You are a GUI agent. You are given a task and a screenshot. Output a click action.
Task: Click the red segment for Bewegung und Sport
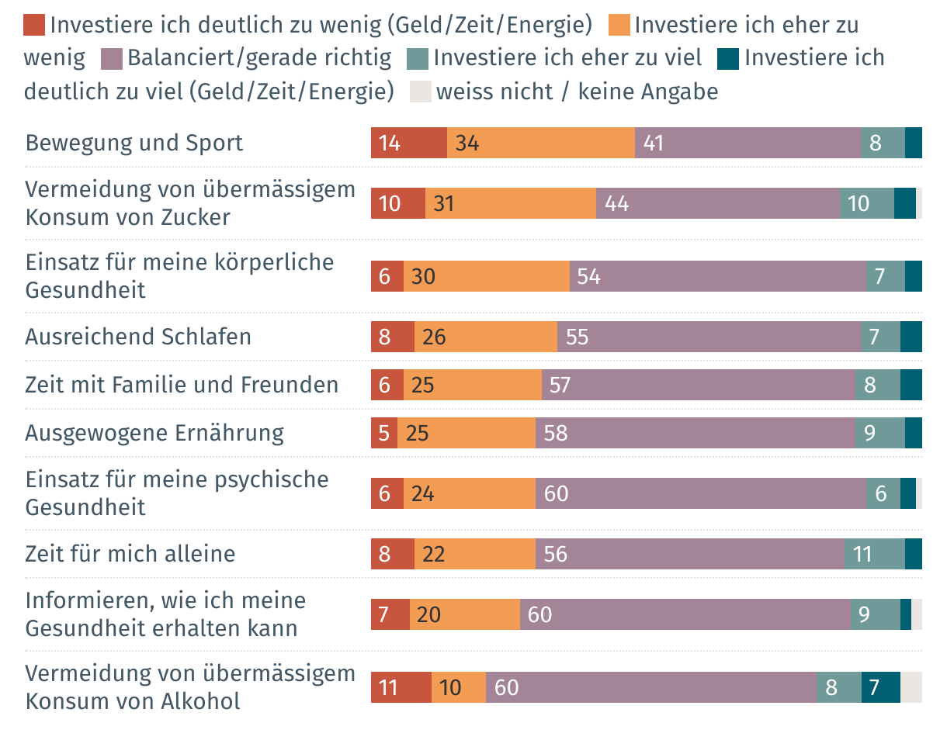[409, 143]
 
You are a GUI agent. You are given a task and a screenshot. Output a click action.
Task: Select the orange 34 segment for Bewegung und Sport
[541, 143]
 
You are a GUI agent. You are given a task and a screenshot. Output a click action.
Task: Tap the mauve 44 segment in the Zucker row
[718, 203]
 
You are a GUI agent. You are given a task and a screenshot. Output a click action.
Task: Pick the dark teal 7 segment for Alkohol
[881, 687]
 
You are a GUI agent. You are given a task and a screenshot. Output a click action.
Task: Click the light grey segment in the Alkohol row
[911, 687]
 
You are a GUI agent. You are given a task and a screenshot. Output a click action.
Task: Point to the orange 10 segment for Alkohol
[459, 687]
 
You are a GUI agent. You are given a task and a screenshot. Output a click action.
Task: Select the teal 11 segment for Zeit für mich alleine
[875, 554]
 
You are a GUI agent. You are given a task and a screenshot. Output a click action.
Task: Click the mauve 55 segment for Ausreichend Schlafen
[709, 337]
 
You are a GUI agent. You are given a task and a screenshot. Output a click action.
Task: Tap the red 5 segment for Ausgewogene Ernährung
[384, 433]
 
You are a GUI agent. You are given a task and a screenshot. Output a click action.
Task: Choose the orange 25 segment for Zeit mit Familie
[473, 385]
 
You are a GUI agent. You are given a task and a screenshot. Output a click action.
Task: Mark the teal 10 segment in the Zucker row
[867, 203]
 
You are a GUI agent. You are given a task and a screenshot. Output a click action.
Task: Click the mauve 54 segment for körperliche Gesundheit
[718, 276]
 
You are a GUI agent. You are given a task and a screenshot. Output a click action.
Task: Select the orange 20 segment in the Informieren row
[465, 614]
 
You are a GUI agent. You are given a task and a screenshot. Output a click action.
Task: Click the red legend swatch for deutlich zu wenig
[35, 26]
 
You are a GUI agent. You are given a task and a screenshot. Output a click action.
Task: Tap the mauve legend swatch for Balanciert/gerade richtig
[113, 58]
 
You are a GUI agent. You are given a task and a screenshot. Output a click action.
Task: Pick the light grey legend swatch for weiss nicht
[420, 92]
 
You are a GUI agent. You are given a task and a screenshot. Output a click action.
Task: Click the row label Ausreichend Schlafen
[138, 337]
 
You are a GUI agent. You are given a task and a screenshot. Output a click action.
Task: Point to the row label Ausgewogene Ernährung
[154, 433]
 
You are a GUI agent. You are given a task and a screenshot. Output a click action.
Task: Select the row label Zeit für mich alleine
[130, 554]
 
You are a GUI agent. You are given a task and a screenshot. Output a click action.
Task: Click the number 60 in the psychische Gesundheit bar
[557, 493]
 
